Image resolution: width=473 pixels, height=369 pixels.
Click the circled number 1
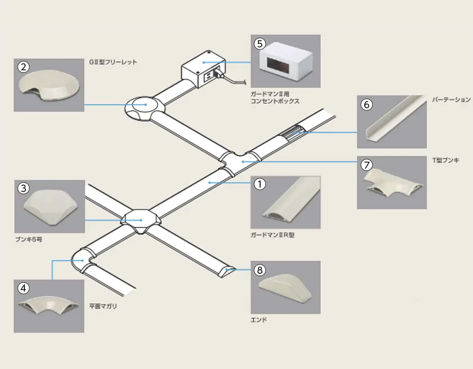260,184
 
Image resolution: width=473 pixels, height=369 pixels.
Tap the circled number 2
23,67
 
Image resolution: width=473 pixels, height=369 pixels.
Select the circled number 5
260,44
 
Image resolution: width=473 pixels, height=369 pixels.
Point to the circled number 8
260,270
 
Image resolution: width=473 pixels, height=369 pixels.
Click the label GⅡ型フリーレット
113,62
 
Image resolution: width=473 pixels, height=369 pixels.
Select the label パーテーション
451,100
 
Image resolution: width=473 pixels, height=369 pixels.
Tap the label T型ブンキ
445,160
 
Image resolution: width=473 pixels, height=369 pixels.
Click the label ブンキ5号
29,239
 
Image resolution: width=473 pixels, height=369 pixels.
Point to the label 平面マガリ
103,306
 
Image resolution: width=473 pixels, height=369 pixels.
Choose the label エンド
259,320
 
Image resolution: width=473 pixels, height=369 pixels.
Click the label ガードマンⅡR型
272,235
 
